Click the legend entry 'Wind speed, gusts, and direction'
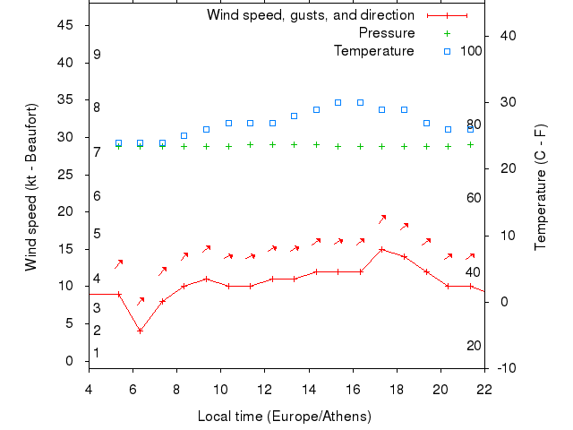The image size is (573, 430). tap(310, 15)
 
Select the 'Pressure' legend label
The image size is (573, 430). tap(386, 33)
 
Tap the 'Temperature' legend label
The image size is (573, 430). tap(373, 51)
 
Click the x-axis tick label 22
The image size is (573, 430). tap(484, 389)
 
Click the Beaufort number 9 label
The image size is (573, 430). tap(97, 55)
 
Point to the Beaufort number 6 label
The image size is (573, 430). tap(97, 196)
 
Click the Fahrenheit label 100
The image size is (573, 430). tap(471, 51)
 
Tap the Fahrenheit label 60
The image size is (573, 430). tap(474, 198)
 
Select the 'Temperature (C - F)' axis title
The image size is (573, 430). tap(542, 187)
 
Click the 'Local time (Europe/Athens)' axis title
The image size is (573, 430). tap(284, 417)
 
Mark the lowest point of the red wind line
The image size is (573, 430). tap(140, 331)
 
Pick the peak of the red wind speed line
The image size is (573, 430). tap(382, 249)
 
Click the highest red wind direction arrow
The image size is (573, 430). tap(382, 219)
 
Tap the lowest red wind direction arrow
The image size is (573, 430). tap(141, 300)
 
